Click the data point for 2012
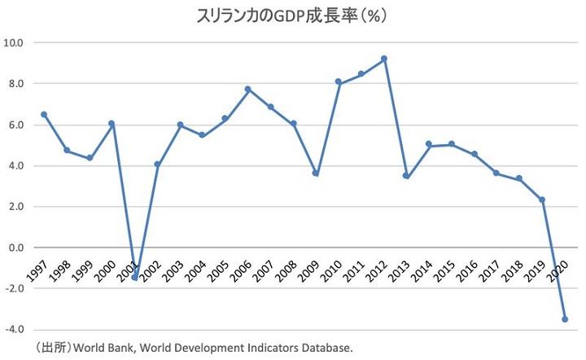384,59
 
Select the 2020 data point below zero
565,319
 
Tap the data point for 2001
134,277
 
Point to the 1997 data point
44,115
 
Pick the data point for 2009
316,173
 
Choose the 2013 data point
406,176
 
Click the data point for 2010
339,81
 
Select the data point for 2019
542,200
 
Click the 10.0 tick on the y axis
14,42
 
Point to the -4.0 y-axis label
14,330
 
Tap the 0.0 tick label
15,248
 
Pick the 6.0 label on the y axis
15,125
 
